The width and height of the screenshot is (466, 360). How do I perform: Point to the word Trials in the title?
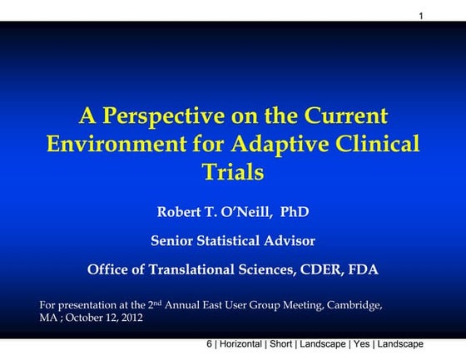pos(233,172)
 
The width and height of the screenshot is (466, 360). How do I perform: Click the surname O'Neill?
pos(255,212)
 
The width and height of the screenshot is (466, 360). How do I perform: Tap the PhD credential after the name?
pos(294,212)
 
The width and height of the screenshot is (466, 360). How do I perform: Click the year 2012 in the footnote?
pos(131,318)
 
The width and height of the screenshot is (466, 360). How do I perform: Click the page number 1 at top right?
pos(422,16)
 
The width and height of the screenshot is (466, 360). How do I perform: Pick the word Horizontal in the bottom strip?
pos(243,344)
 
